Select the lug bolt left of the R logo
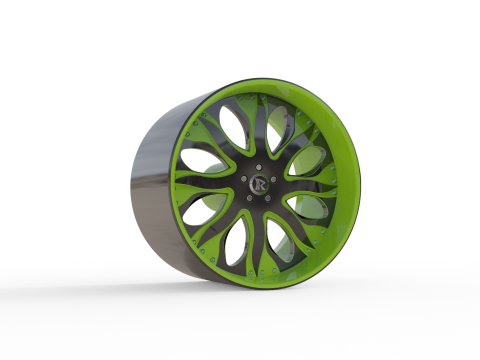(x=244, y=179)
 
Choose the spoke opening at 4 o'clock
(x=310, y=209)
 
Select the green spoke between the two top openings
(x=258, y=120)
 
